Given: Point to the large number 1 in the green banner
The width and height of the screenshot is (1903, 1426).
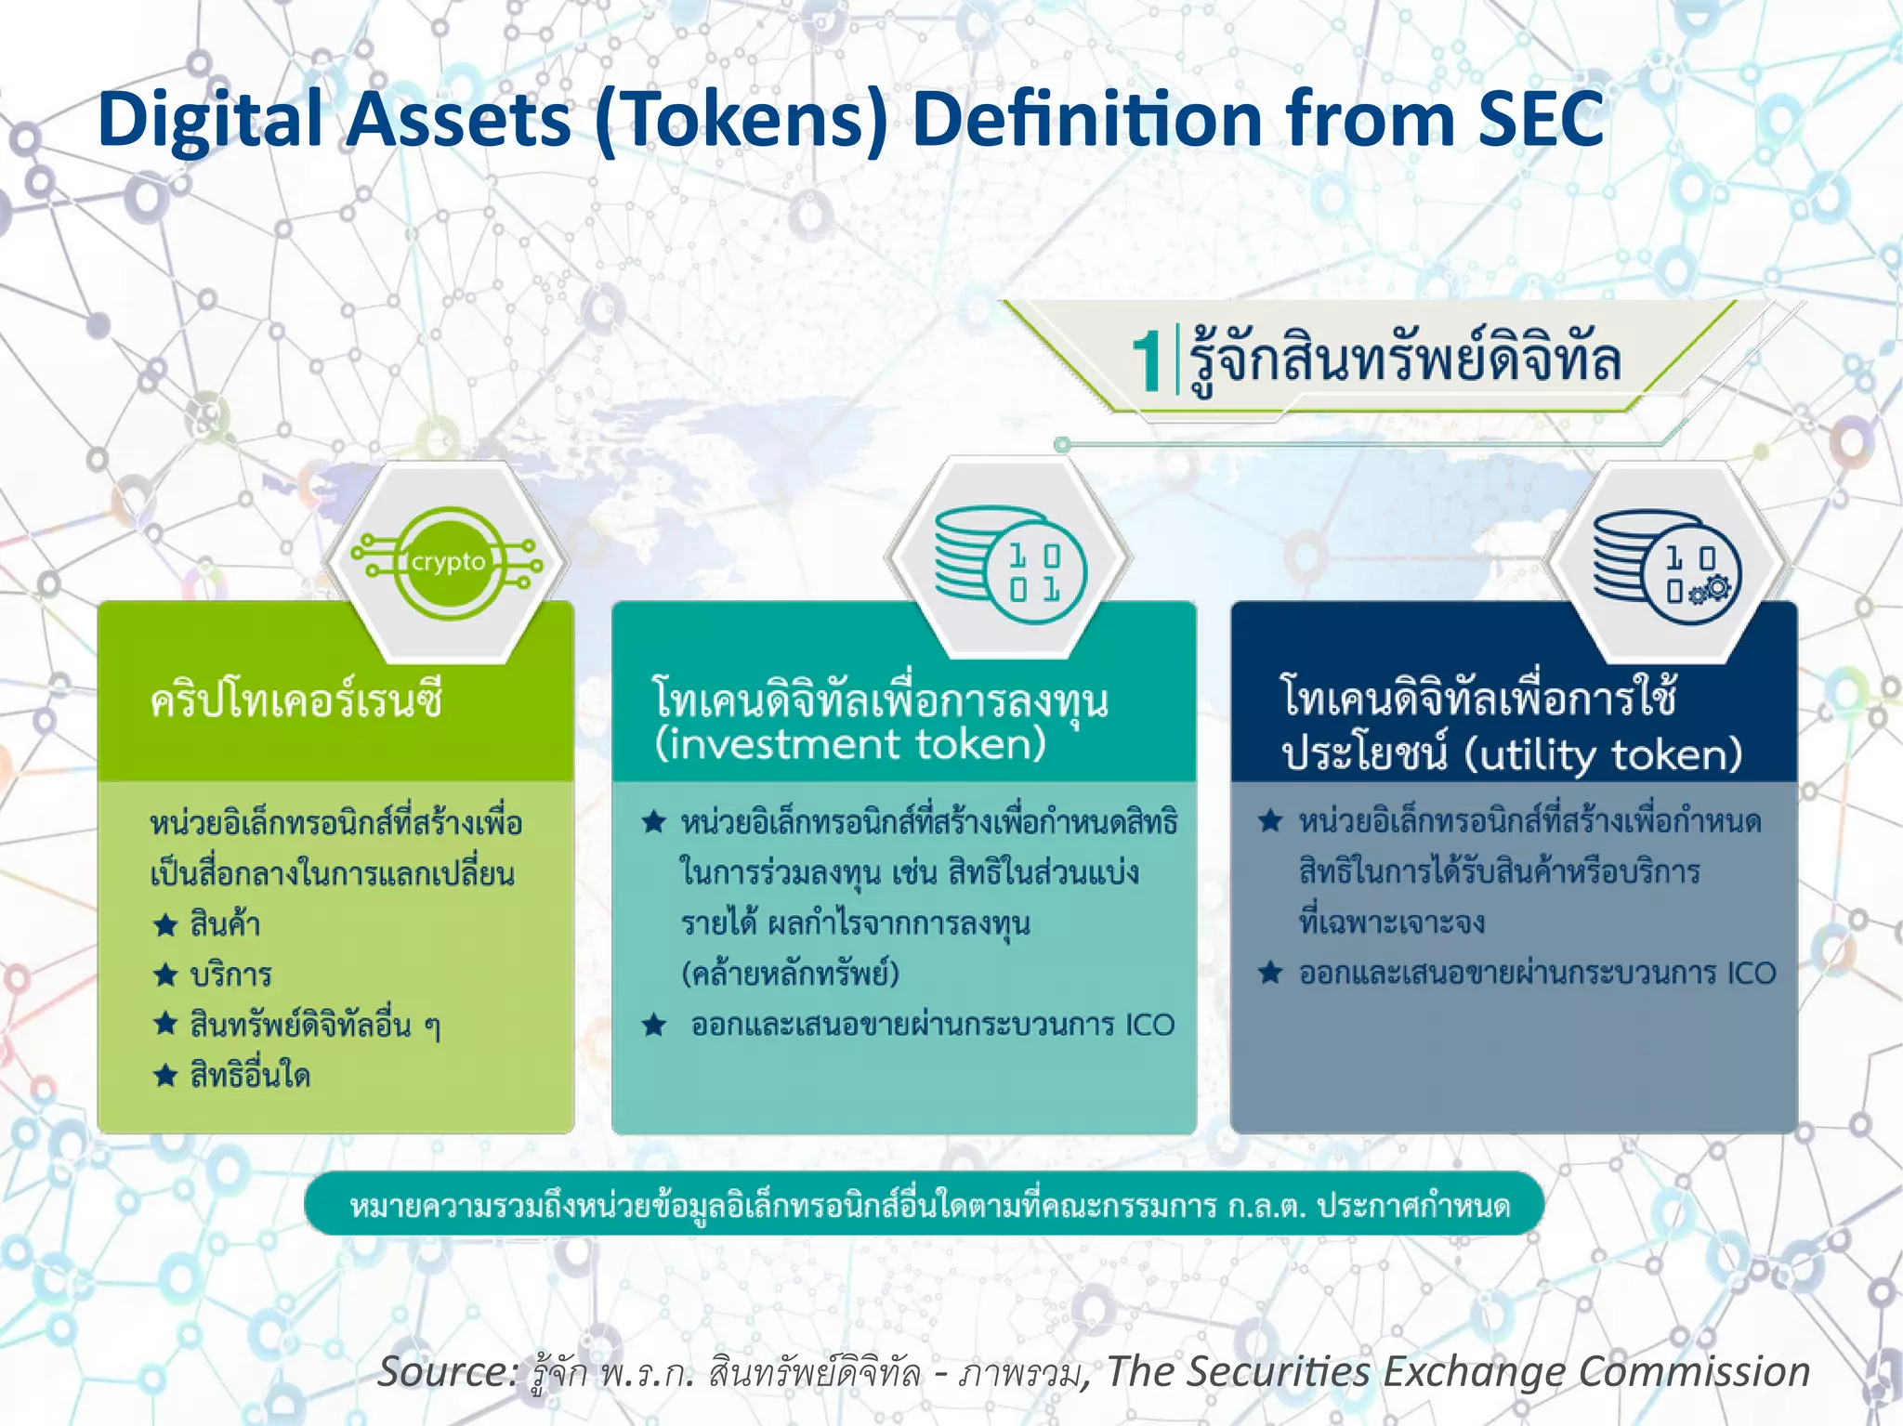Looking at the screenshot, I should pos(1148,361).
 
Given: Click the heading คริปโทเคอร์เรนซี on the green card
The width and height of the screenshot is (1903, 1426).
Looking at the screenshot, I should pos(296,700).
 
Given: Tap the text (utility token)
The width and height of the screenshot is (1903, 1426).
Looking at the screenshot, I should pos(1603,754).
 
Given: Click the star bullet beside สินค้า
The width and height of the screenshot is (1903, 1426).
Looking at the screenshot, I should pos(165,924).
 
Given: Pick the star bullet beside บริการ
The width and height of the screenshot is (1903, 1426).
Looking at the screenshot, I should pos(165,975).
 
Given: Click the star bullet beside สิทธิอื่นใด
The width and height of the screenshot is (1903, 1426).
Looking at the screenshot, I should pos(165,1076).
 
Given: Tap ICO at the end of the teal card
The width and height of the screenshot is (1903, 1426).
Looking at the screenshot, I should pos(1150,1025).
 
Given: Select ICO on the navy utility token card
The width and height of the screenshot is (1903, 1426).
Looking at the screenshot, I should pos(1752,974).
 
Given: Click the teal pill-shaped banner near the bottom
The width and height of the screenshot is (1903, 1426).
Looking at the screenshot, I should pos(925,1205).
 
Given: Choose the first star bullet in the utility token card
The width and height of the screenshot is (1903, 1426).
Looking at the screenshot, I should pos(1270,821).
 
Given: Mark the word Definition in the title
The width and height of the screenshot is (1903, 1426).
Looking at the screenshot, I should pos(1087,119).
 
